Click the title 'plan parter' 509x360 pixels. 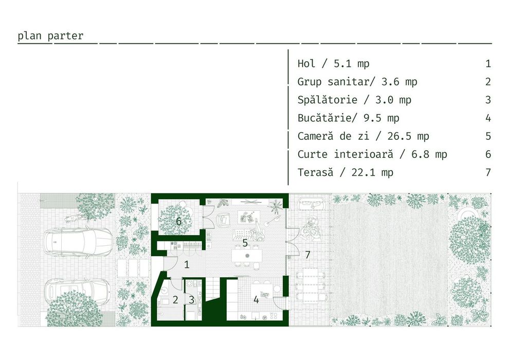coord(50,36)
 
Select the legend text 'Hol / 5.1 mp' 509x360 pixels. coord(333,63)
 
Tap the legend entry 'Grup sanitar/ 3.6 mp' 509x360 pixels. coord(357,81)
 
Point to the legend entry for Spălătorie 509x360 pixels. coord(354,100)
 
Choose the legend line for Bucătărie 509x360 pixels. coord(348,118)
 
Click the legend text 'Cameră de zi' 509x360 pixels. coord(333,136)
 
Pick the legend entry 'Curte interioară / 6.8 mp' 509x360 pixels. coord(372,154)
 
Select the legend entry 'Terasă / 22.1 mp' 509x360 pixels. coord(345,172)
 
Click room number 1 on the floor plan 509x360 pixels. coord(187,264)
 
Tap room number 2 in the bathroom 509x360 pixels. coord(175,300)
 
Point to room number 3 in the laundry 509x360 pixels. coord(192,300)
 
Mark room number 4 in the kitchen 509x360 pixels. coord(256,300)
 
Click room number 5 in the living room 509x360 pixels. coord(245,243)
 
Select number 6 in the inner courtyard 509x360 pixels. coord(178,221)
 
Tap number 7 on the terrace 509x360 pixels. coord(307,255)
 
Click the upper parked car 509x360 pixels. coord(78,242)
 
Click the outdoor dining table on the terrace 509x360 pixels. coord(311,285)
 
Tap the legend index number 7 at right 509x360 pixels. coord(488,172)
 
